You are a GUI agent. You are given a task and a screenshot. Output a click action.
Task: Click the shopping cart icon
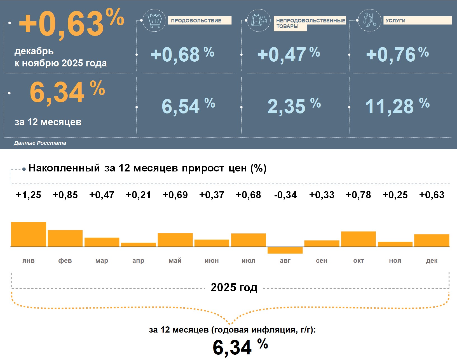click(x=154, y=20)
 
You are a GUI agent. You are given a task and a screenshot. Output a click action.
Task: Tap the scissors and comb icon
click(x=370, y=20)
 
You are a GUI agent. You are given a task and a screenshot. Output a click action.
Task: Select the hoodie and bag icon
click(x=259, y=20)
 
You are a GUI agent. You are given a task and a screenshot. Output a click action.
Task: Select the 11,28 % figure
click(x=397, y=106)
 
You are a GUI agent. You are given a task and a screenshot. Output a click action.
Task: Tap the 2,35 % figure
click(x=294, y=106)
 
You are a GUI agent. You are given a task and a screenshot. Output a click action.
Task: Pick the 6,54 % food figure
click(x=188, y=106)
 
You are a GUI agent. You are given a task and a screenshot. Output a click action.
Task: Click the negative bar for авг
click(x=285, y=250)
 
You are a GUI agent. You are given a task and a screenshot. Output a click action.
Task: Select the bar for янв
click(x=29, y=234)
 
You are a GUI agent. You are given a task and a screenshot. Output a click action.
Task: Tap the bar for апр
click(x=138, y=245)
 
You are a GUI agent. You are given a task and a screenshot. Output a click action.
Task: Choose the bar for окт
click(x=358, y=239)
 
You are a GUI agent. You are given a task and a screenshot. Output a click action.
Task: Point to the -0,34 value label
click(x=285, y=195)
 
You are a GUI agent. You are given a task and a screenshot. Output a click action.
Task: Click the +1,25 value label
click(x=29, y=195)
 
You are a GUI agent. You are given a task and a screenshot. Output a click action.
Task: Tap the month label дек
click(x=432, y=261)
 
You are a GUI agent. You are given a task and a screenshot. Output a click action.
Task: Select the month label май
click(x=175, y=261)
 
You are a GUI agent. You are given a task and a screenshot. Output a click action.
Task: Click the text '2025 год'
click(x=234, y=287)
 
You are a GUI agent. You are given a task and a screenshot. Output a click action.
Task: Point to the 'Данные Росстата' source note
click(x=40, y=143)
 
